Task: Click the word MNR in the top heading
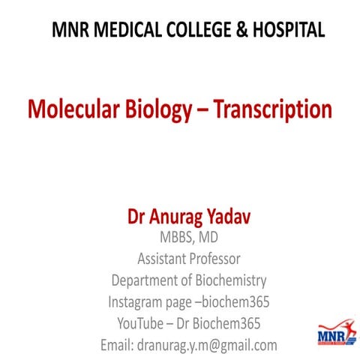(70, 30)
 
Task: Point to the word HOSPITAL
(288, 30)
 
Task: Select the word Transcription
(273, 109)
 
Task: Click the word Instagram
(138, 303)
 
